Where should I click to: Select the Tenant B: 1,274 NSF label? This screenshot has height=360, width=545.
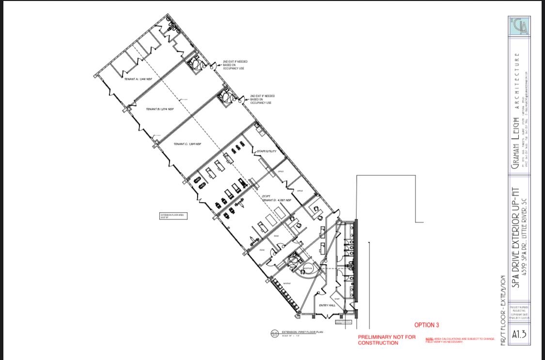tap(159, 109)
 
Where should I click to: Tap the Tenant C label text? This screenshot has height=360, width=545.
tap(187, 144)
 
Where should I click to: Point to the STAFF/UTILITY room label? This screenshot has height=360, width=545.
tap(266, 151)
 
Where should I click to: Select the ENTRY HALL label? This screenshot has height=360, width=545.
tap(327, 305)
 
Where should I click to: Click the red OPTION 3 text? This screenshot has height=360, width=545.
tap(426, 325)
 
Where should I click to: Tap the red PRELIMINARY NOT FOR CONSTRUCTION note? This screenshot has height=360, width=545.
tap(387, 340)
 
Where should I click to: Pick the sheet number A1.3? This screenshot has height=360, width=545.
tap(519, 334)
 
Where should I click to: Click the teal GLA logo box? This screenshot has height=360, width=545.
tap(519, 26)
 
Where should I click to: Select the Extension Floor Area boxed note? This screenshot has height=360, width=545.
tap(173, 216)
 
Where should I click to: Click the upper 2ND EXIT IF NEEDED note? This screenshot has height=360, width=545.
tap(235, 65)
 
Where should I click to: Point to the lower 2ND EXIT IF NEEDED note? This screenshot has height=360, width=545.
tap(262, 99)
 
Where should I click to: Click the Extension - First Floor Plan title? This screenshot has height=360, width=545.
tap(302, 332)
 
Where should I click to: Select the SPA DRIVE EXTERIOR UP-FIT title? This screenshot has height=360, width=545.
tap(516, 237)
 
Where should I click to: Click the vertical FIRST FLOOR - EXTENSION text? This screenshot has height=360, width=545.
tap(504, 310)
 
